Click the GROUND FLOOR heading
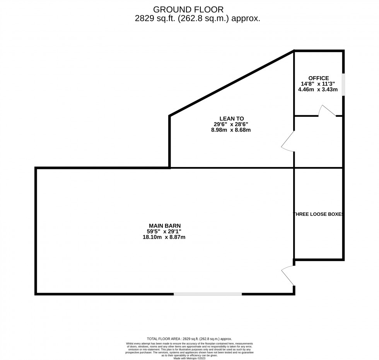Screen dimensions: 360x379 click(188, 9)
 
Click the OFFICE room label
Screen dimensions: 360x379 click(319, 78)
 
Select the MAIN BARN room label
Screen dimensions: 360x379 click(165, 225)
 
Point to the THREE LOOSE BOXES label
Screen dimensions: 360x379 click(319, 214)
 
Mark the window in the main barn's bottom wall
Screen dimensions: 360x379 click(208, 294)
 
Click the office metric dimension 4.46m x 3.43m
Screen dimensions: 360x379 click(318, 89)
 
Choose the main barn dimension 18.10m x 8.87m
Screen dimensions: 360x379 click(164, 237)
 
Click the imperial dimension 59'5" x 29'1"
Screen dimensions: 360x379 click(165, 231)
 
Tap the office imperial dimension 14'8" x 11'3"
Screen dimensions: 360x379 click(318, 84)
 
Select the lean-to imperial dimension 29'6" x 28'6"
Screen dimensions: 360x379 click(231, 124)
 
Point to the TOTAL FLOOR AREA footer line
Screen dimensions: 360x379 click(189, 338)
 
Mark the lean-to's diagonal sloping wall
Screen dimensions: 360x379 click(231, 83)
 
